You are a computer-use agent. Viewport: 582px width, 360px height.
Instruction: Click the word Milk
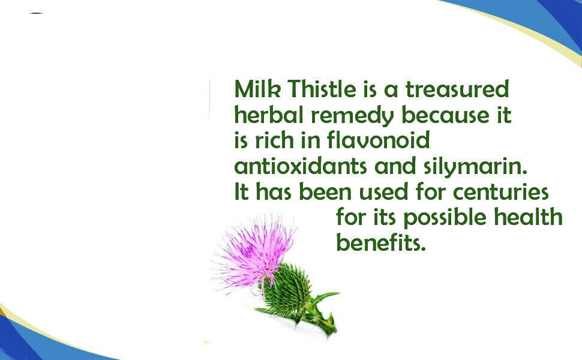click(257, 89)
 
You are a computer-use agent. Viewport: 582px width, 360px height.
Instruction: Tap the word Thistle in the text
click(322, 89)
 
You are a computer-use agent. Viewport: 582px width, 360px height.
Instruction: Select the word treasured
click(457, 89)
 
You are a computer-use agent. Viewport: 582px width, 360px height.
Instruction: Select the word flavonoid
click(378, 140)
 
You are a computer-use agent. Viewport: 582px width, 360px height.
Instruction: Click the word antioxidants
click(301, 166)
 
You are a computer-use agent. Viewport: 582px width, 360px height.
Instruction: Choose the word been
click(325, 191)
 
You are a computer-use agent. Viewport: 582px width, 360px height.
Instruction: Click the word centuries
click(501, 191)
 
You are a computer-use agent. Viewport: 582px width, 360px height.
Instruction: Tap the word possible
click(444, 218)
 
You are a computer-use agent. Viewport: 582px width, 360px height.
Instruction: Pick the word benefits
click(380, 243)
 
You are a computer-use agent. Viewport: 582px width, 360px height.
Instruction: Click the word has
click(274, 191)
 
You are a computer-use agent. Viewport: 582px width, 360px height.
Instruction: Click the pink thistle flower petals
click(253, 253)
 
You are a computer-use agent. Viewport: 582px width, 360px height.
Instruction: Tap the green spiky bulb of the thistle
click(287, 289)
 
